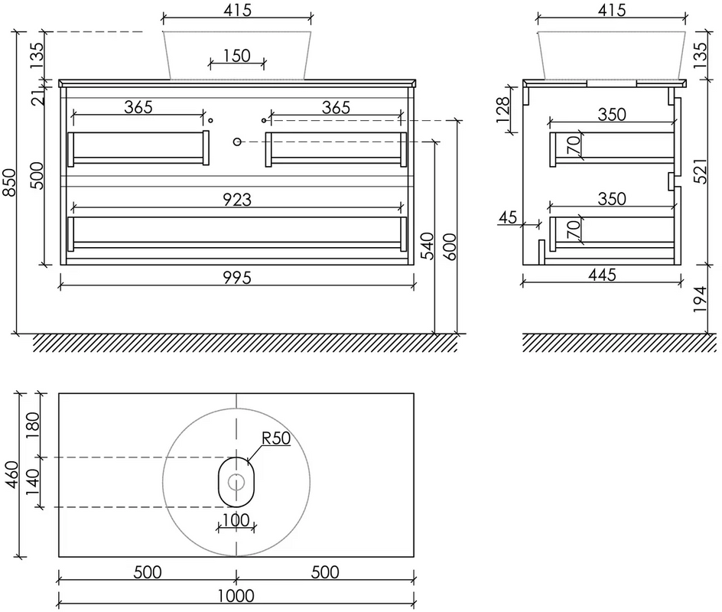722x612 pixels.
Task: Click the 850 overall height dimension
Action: (10, 182)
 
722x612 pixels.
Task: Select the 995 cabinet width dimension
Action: (237, 278)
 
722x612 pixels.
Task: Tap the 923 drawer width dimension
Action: (237, 200)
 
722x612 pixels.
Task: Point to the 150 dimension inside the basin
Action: (236, 56)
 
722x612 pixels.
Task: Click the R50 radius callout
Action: (276, 438)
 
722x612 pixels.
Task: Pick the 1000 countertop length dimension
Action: (236, 596)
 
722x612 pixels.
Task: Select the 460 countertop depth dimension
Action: (11, 474)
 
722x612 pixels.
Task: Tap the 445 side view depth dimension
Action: (602, 275)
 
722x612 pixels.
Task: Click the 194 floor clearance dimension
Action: (700, 299)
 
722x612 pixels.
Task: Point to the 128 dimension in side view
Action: (502, 109)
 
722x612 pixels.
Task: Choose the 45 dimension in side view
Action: (507, 217)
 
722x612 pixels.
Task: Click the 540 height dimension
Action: (428, 246)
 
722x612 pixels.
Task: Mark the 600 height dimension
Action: (450, 246)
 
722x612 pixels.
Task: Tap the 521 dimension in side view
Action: (700, 171)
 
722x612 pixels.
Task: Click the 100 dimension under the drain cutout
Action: (236, 520)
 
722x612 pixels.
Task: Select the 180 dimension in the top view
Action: (33, 425)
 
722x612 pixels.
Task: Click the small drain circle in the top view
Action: (236, 482)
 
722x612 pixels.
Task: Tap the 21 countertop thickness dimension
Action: (40, 96)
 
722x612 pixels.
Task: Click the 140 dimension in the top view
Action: (33, 482)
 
